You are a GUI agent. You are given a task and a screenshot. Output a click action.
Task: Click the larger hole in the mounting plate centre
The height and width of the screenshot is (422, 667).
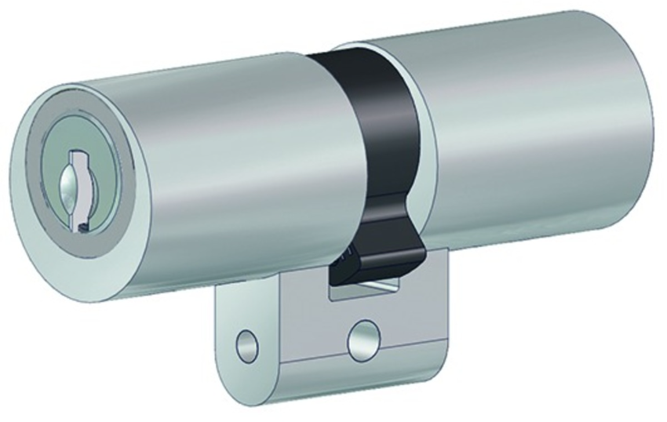(363, 334)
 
